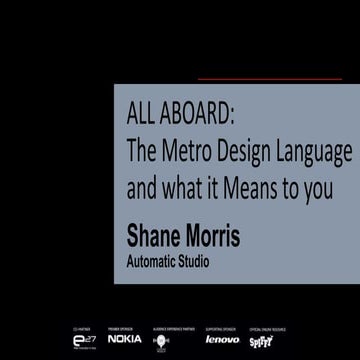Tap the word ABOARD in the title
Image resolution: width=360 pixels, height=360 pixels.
200,116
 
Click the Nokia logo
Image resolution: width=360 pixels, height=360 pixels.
125,339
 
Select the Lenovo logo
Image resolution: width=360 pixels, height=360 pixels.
222,339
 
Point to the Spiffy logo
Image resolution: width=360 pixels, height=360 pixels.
263,341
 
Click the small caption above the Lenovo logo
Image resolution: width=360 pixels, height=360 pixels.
222,327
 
